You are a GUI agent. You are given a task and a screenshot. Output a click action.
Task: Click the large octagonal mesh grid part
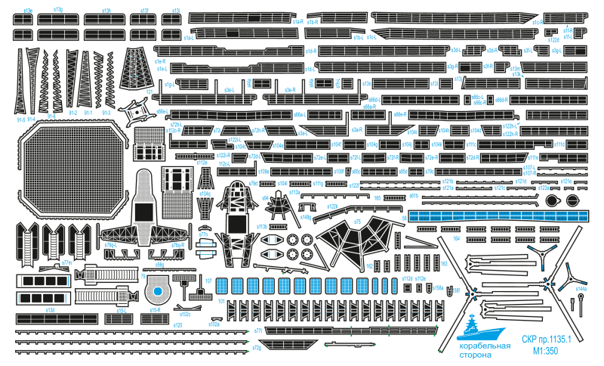71,166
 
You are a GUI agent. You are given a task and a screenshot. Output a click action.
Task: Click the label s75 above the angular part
358,221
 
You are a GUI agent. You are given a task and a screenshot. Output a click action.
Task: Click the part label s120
178,324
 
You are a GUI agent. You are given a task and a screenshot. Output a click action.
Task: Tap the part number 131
149,91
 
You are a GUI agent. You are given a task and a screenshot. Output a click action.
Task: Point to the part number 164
456,237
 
